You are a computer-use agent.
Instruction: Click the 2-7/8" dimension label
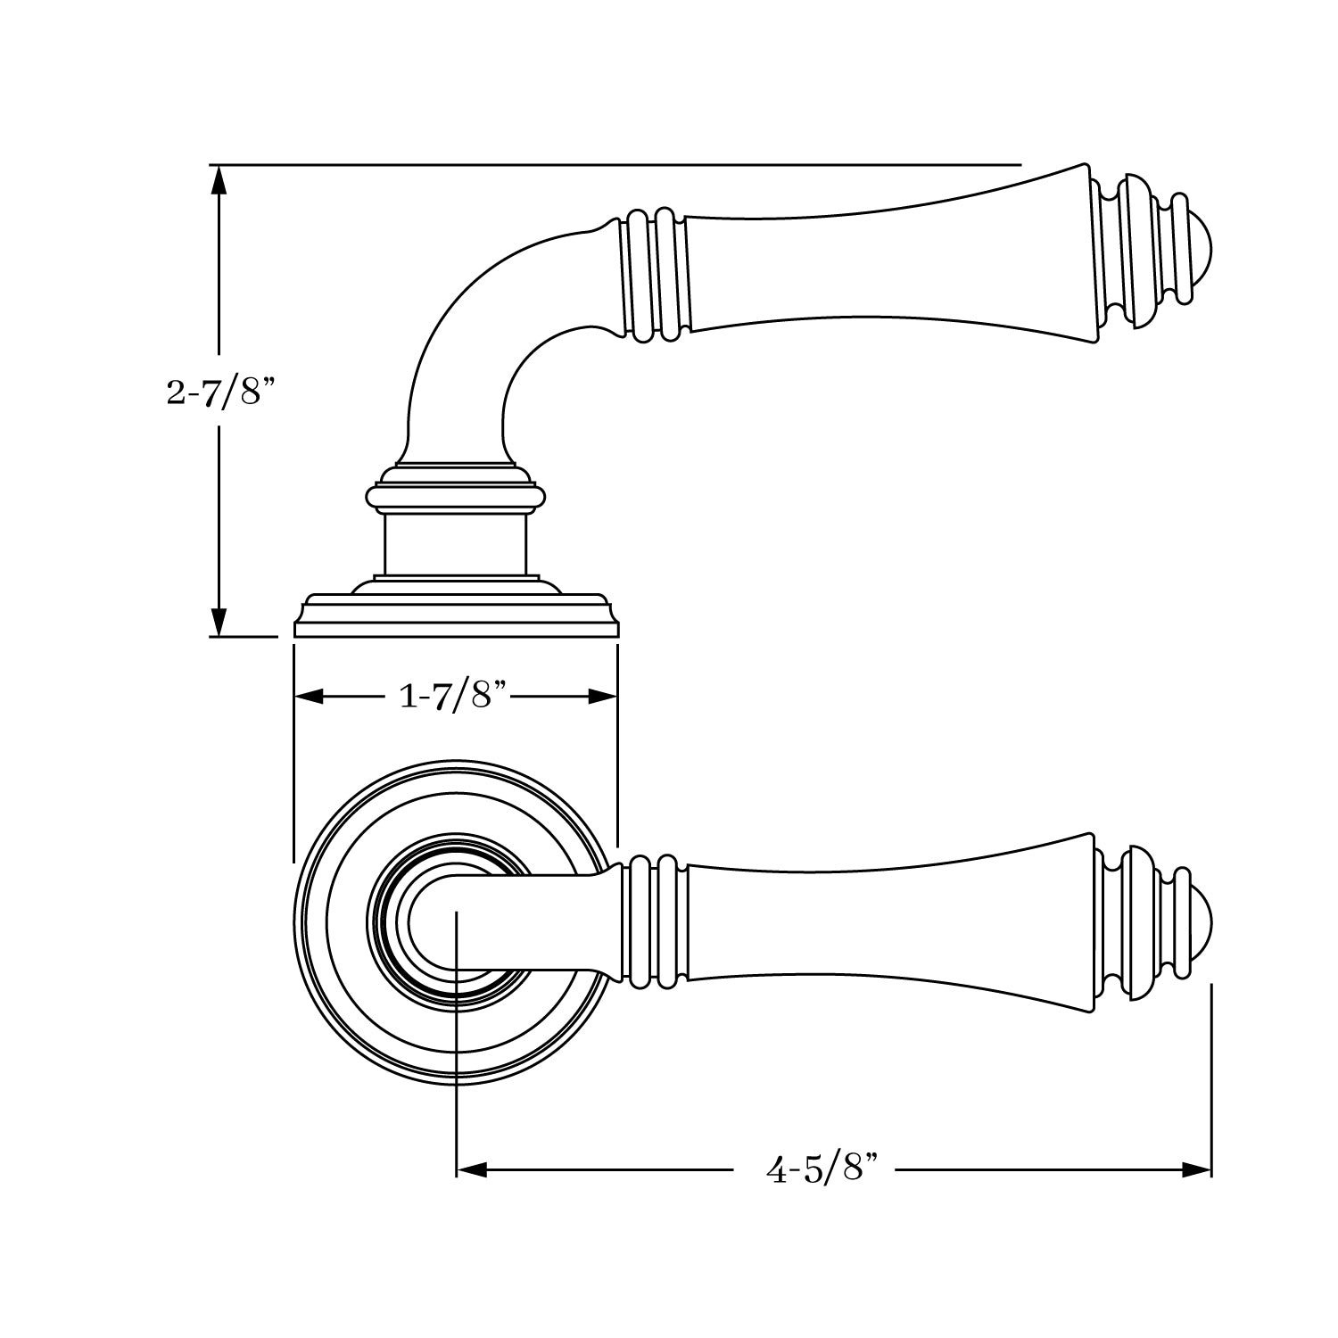tap(218, 392)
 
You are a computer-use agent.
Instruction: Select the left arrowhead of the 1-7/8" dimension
tap(309, 697)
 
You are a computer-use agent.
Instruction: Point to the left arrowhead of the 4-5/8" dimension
tap(471, 1169)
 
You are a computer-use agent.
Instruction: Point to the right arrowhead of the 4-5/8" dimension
tap(1196, 1169)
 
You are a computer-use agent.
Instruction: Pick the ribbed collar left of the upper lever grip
tap(656, 275)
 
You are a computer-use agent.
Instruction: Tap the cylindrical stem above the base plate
tap(455, 544)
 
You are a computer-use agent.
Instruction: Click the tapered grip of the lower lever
tap(892, 923)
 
